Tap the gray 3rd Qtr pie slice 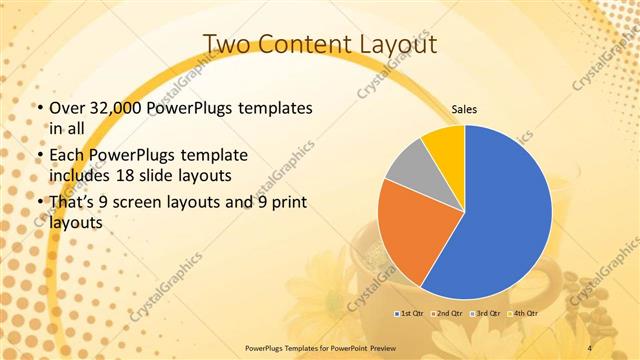coord(409,169)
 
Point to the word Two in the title coord(229,45)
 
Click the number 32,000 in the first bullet coord(111,108)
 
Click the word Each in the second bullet coord(68,157)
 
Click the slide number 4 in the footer coord(589,347)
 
